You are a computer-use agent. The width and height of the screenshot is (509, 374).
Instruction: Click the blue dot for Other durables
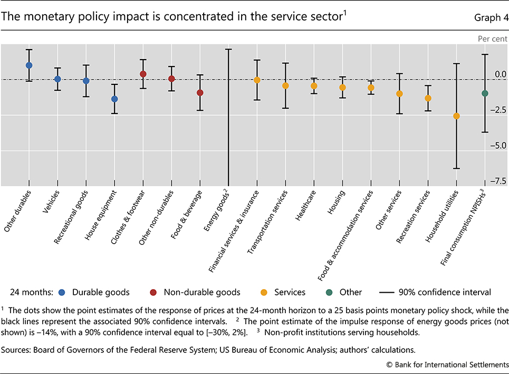coord(29,65)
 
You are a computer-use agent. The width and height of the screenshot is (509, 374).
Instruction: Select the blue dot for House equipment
coord(114,99)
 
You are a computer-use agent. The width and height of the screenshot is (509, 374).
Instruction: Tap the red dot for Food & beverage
coord(200,93)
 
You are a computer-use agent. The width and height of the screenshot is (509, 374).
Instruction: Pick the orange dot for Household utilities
coord(457,116)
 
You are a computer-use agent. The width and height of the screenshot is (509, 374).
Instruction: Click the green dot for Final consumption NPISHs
coord(485,93)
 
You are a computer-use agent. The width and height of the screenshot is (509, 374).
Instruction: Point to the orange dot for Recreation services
coord(428,98)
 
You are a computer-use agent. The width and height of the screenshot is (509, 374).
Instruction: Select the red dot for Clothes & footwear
coord(143,74)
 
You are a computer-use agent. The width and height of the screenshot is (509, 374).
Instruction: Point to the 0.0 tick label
coord(498,74)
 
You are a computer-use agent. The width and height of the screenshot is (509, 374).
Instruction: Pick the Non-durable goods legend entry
coord(202,292)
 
